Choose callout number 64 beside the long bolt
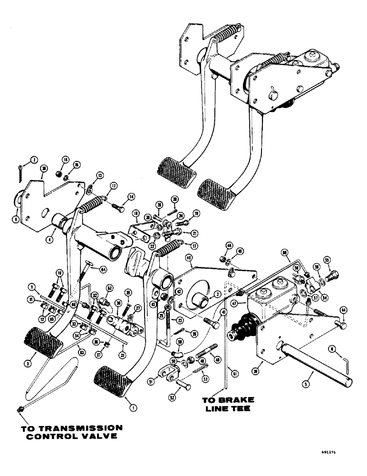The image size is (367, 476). coord(102,269)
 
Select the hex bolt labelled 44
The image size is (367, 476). coord(341,325)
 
